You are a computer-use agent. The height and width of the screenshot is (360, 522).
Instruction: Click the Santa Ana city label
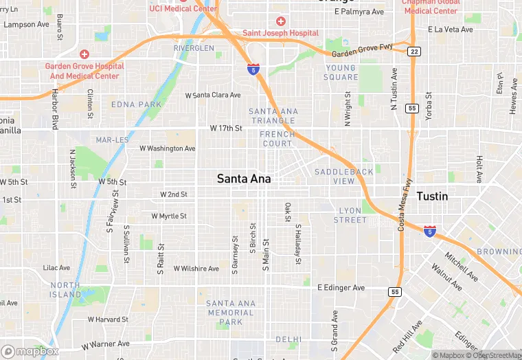[x=244, y=179]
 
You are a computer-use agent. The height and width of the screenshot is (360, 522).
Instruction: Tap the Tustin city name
[x=432, y=196]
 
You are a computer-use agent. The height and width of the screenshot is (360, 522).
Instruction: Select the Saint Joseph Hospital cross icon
[x=280, y=21]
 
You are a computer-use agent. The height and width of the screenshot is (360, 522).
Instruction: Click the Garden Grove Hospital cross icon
[x=84, y=54]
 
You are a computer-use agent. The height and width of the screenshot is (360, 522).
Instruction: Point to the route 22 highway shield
[x=413, y=52]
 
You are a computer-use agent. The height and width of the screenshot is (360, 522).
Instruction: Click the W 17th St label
[x=226, y=128]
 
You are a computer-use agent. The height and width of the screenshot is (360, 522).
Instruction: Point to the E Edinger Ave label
[x=341, y=288]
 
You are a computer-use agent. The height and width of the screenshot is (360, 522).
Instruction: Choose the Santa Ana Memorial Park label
[x=231, y=313]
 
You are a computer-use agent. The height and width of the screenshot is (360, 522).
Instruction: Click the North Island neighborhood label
[x=65, y=290]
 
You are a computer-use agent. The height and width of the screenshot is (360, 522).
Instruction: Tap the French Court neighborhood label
[x=277, y=139]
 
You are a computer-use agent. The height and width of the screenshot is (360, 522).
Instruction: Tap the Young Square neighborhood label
[x=341, y=72]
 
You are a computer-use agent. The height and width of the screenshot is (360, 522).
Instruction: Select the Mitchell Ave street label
[x=461, y=266]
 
